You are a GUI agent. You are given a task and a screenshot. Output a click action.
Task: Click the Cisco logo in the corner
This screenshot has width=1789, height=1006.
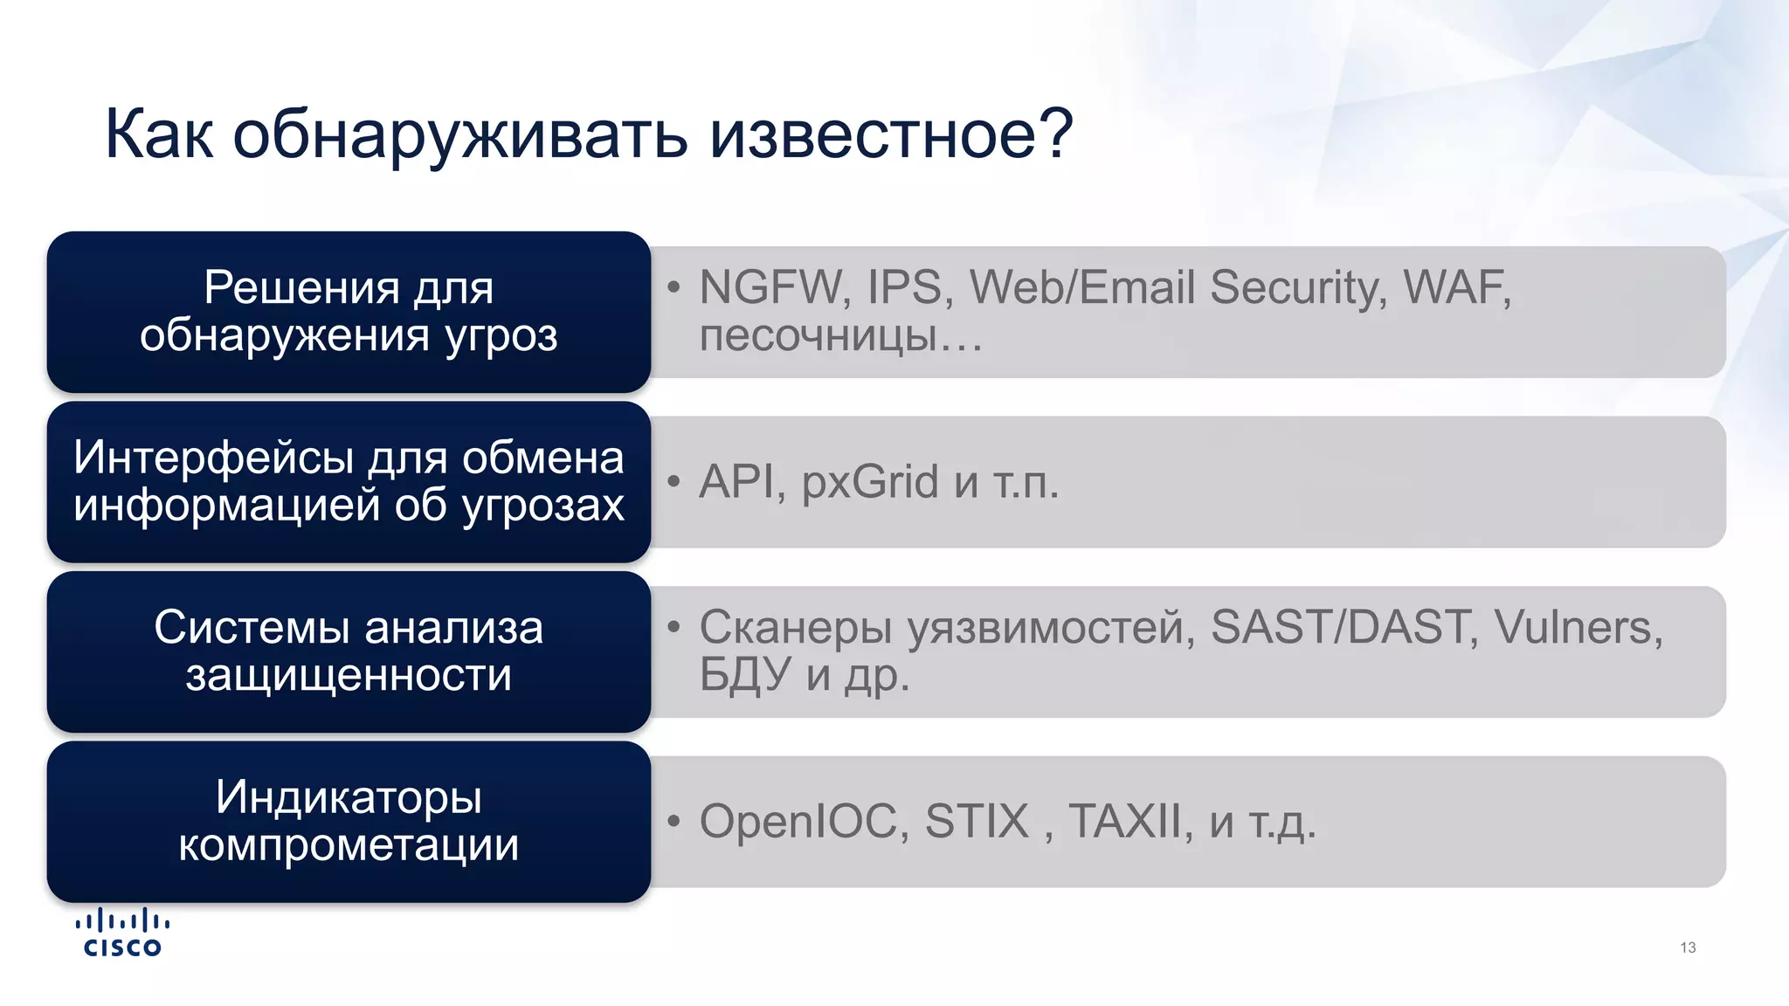pyautogui.click(x=122, y=934)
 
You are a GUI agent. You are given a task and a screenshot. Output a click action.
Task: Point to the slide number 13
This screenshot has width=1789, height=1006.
pyautogui.click(x=1688, y=947)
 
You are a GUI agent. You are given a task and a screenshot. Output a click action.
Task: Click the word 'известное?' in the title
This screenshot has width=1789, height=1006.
pyautogui.click(x=890, y=135)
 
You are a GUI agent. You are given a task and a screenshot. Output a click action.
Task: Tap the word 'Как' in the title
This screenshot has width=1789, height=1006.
pyautogui.click(x=158, y=135)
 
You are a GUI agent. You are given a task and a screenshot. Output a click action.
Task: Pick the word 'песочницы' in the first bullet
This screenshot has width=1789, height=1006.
pyautogui.click(x=818, y=334)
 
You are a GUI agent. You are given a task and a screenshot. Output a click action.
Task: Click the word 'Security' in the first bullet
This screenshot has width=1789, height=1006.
pyautogui.click(x=1298, y=287)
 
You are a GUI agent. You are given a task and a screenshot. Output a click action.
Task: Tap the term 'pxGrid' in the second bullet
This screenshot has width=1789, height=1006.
pyautogui.click(x=870, y=482)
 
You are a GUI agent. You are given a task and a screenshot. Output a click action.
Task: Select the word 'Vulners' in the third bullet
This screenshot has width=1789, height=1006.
pyautogui.click(x=1577, y=627)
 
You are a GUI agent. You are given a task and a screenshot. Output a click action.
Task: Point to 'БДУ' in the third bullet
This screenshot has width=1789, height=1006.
pyautogui.click(x=744, y=674)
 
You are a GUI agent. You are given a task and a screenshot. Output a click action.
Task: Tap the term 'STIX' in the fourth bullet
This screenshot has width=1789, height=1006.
pyautogui.click(x=977, y=822)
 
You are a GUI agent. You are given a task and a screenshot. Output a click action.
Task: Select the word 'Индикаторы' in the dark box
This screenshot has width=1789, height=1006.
pyautogui.click(x=349, y=797)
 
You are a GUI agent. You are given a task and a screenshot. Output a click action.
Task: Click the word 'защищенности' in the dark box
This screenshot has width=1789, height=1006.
pyautogui.click(x=349, y=675)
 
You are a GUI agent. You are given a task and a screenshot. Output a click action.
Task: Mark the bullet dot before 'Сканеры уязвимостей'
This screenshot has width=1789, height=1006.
pyautogui.click(x=673, y=627)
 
